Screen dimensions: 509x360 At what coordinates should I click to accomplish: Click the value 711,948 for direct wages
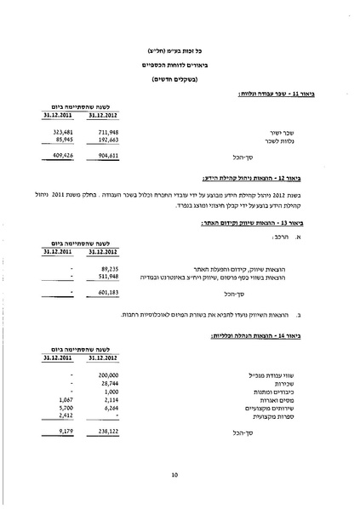pos(104,132)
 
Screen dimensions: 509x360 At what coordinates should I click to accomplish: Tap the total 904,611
pos(104,157)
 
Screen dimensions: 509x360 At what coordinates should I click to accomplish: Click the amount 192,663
pos(104,140)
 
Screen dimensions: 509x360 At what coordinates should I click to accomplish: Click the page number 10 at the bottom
pos(174,474)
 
